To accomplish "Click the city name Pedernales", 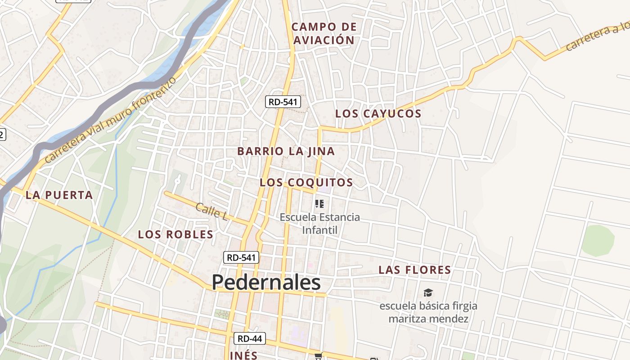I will [x=266, y=283].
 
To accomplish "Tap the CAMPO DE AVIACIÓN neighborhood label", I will [x=324, y=33].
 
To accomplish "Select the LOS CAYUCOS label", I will [x=378, y=114].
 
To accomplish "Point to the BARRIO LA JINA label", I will [x=286, y=151].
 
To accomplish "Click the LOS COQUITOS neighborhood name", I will [x=306, y=183].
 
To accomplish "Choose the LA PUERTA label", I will [x=59, y=195].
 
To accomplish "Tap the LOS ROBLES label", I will [x=175, y=234].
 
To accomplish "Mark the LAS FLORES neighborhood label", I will [x=414, y=270].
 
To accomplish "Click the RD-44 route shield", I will [x=250, y=338].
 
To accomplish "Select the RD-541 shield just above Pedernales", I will [x=241, y=257].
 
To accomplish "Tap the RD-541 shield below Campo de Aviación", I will [x=283, y=102].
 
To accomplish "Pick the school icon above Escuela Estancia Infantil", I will [x=319, y=204].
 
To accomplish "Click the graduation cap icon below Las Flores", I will [x=428, y=292].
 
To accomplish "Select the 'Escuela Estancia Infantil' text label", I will [x=319, y=224].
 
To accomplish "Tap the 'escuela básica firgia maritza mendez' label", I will [x=428, y=312].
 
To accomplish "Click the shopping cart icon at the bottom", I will [x=319, y=356].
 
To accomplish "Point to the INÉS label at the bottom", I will [x=243, y=355].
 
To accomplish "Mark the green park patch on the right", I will [x=598, y=240].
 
